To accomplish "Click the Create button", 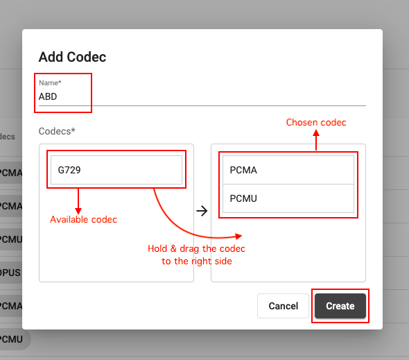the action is click(x=340, y=306).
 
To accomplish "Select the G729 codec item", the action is click(x=116, y=170).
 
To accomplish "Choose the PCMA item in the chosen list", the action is click(x=288, y=170).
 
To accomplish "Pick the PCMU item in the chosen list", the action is click(x=288, y=198).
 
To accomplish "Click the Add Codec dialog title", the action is click(x=72, y=57).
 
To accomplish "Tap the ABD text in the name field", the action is click(x=48, y=96).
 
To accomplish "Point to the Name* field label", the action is click(x=50, y=83).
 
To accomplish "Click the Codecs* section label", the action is click(x=57, y=131).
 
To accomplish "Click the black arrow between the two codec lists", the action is click(x=202, y=211).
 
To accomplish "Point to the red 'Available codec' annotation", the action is click(x=83, y=220).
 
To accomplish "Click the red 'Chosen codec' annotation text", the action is click(x=316, y=122).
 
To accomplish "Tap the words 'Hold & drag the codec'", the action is click(x=196, y=248).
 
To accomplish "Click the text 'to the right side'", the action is click(x=197, y=261).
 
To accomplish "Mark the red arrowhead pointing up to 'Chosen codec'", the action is click(x=316, y=133).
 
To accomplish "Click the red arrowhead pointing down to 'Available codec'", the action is click(x=78, y=211).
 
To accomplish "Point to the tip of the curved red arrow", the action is click(x=242, y=236).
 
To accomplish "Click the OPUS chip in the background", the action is click(x=10, y=273).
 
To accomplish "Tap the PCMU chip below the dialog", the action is click(x=13, y=339).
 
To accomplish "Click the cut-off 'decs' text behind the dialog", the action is click(x=8, y=137).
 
